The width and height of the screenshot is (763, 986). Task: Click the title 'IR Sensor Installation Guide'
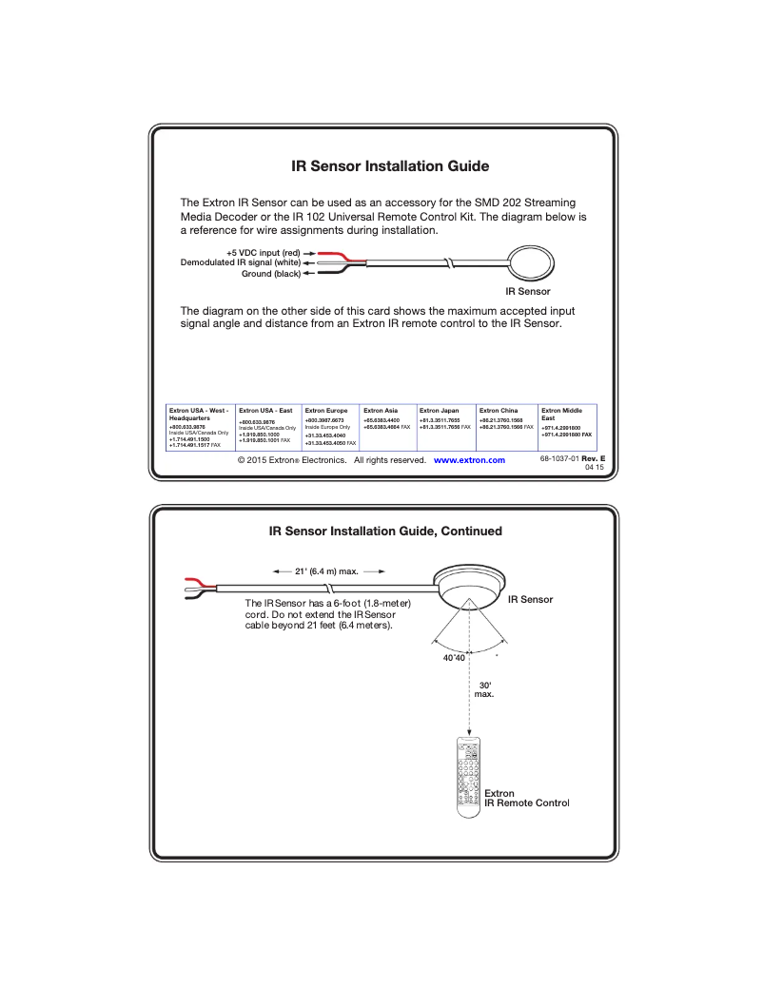coord(390,166)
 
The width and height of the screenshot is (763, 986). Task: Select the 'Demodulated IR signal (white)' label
coord(241,262)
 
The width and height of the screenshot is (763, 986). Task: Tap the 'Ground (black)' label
coord(270,274)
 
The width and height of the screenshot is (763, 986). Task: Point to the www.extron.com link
coord(469,460)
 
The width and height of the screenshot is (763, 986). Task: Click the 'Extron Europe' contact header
coord(326,411)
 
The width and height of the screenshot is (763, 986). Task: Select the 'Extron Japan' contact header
coord(439,411)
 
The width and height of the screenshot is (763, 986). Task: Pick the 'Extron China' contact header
coord(498,411)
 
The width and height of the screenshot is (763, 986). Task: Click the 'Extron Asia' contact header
coord(381,411)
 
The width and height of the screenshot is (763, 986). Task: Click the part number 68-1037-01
coord(558,458)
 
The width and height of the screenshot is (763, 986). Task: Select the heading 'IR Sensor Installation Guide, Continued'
coord(385,531)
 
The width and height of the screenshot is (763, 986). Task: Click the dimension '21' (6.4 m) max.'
coord(326,571)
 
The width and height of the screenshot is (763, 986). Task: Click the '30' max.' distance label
coord(484,689)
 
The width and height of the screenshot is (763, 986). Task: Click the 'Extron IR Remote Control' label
coord(525,798)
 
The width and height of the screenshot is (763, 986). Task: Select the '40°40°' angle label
coord(453,659)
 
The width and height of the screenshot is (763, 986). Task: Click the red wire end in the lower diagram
coord(193,582)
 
